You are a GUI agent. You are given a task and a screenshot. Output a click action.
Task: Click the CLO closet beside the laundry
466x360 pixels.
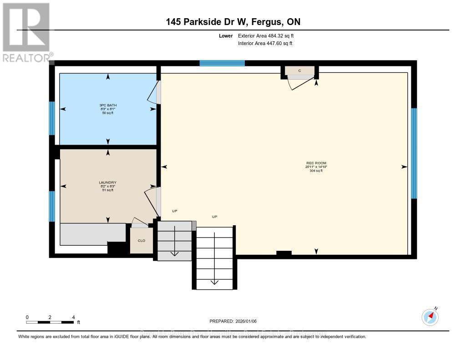[141, 240]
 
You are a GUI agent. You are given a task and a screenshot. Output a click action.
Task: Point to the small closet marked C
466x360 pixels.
[299, 71]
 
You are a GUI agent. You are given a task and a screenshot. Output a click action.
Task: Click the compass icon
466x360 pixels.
[430, 317]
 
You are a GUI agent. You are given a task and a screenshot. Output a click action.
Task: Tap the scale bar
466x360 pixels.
[50, 322]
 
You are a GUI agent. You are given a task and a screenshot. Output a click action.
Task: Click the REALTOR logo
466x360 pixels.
[26, 32]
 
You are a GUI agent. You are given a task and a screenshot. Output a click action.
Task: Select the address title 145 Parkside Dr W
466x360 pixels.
[233, 22]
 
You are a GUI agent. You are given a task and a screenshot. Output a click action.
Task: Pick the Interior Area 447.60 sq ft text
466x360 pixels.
[265, 43]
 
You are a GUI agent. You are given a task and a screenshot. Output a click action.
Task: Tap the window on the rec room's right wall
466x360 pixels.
[414, 153]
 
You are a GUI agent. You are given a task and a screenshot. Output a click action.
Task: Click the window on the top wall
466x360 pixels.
[222, 63]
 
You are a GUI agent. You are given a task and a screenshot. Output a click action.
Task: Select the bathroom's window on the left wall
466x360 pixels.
[52, 118]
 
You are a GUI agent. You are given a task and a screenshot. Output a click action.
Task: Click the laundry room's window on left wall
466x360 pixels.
[52, 206]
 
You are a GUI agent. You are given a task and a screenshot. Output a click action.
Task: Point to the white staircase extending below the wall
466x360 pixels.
[215, 258]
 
